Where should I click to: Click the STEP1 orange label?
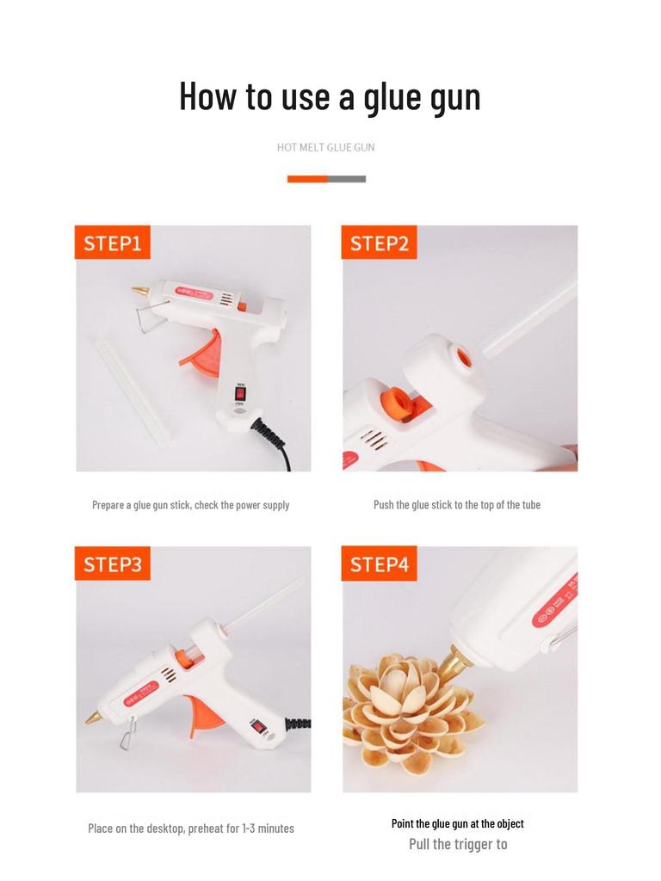(x=113, y=243)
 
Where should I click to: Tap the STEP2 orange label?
(x=379, y=243)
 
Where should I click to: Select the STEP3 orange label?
(x=113, y=564)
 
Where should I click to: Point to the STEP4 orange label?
(x=379, y=564)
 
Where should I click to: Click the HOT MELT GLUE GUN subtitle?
(x=325, y=147)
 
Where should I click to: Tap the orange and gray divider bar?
(x=326, y=179)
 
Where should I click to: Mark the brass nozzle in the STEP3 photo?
(x=94, y=717)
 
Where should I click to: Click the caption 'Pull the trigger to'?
(x=458, y=844)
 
